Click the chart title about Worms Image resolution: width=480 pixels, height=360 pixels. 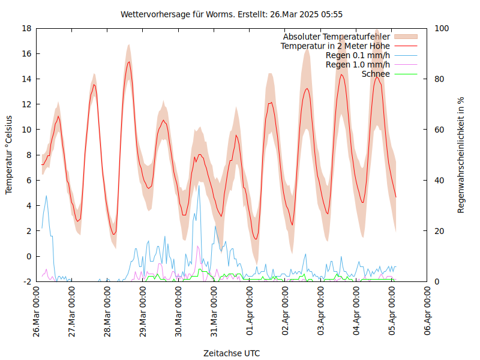pos(232,14)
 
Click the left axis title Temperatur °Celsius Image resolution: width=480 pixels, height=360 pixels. pos(9,154)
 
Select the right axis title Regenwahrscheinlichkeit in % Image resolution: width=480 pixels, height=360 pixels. pos(461,154)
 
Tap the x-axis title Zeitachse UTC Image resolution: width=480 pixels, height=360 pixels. pos(232,353)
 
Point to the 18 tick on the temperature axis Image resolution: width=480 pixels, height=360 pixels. pos(26,28)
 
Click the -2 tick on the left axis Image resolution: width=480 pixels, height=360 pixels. pos(26,281)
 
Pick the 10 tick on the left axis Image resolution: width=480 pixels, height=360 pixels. pos(26,130)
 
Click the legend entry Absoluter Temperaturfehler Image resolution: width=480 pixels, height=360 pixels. pos(337,37)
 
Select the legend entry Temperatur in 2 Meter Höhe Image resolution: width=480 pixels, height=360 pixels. pos(335,46)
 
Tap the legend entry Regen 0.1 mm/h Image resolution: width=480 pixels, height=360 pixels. pos(358,55)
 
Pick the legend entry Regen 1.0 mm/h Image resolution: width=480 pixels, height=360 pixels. pos(358,65)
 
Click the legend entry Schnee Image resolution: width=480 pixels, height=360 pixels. pos(376,74)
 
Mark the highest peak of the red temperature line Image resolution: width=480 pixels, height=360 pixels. pos(128,62)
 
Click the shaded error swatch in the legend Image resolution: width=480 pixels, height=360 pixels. pos(405,37)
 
